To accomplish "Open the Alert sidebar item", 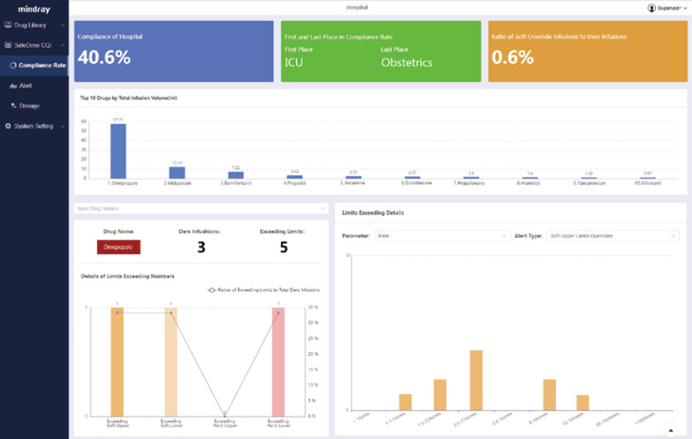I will point(25,86).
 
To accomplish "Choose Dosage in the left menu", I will point(29,106).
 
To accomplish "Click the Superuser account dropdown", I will point(667,8).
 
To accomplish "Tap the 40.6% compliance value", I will point(104,58).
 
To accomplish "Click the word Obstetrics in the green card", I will point(407,63).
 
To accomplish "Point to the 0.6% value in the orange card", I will point(513,58).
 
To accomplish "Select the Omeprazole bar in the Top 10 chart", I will point(118,151).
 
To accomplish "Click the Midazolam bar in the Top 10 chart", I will point(177,172).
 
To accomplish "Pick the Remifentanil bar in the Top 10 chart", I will point(236,175).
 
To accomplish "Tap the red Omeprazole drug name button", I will point(119,247).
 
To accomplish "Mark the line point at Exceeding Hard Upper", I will point(225,414).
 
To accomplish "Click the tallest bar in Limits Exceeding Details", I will point(476,380).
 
